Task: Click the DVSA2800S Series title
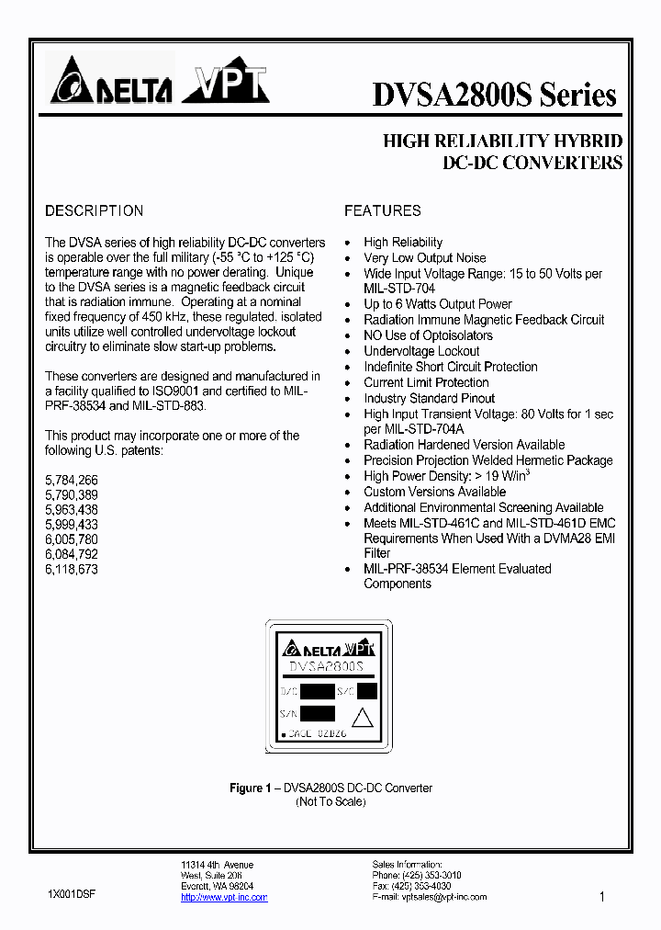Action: (494, 95)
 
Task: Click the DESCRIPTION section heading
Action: (94, 210)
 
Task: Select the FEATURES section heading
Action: (383, 210)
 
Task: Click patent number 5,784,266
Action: (72, 480)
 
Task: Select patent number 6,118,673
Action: (72, 569)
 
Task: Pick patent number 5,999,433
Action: (72, 525)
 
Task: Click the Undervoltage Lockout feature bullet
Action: (421, 351)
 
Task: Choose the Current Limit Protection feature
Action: (426, 382)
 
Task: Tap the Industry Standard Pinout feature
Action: (429, 398)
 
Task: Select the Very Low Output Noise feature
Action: (424, 257)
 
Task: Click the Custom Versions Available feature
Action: (434, 492)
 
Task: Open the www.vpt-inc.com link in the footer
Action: (224, 897)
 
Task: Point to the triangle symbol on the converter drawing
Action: (364, 718)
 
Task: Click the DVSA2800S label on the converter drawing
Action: (327, 665)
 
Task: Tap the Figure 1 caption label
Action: (251, 788)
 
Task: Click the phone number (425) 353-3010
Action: (431, 876)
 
